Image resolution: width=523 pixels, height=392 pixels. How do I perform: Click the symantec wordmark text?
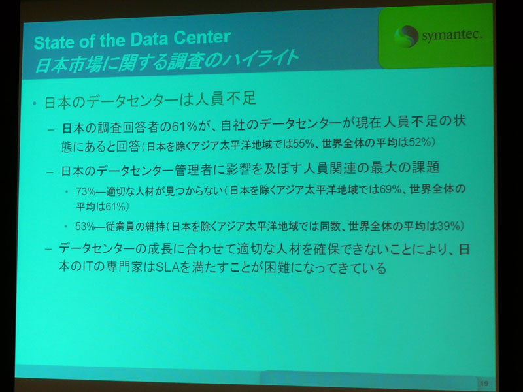pos(452,35)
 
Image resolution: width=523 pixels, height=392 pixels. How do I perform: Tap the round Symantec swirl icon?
pos(406,37)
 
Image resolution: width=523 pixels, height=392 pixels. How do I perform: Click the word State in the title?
pos(54,42)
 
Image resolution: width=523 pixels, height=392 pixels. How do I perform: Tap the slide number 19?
pos(484,384)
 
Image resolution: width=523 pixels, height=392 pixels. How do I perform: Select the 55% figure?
pos(302,144)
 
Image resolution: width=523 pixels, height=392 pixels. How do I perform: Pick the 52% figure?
pos(420,142)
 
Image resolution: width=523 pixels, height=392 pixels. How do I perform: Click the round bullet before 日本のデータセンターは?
pos(35,103)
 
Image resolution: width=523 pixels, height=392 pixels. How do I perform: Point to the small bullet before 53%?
pos(67,227)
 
